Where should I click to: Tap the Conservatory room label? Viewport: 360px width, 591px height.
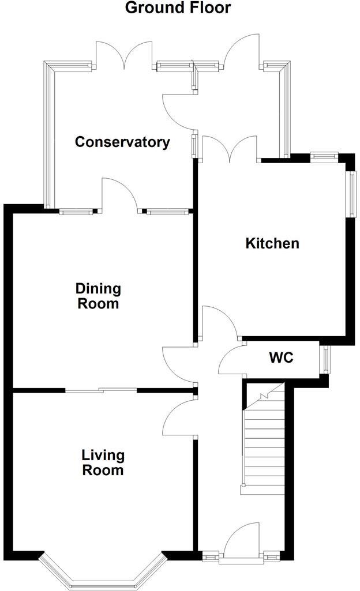coord(122,142)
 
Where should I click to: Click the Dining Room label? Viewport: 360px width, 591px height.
coord(98,296)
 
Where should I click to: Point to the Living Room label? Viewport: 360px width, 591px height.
coord(103,462)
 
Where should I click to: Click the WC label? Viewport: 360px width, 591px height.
coord(281,358)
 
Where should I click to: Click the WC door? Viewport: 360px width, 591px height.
coord(232,361)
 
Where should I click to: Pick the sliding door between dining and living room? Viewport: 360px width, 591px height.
coord(101,390)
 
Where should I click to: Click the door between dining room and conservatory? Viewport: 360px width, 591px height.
coord(120,196)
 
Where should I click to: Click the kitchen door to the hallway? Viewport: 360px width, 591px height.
coord(219,323)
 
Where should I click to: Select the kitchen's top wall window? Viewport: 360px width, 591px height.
coord(323,155)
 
